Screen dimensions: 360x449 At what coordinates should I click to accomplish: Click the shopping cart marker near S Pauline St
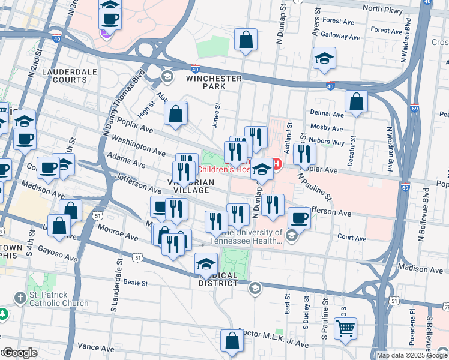345,329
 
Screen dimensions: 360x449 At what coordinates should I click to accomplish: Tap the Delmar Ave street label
327,113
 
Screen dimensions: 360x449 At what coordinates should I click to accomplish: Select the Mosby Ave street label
327,128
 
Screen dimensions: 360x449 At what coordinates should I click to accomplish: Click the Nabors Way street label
328,143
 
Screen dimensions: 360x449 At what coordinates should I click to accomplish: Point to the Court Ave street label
352,238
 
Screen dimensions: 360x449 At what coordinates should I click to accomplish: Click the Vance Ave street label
95,347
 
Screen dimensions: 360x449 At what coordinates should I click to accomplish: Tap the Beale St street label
136,281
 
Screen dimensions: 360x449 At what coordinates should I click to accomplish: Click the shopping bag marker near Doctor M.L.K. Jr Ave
232,340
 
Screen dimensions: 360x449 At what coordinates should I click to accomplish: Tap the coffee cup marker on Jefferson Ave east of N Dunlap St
299,218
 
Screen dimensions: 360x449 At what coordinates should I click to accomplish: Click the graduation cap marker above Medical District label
206,263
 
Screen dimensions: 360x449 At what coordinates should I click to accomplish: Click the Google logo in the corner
19,353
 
